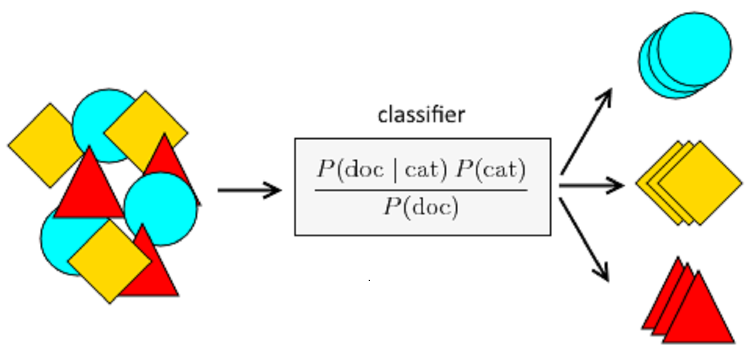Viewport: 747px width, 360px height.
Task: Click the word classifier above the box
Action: click(421, 115)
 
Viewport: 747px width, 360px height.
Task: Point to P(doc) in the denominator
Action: click(421, 207)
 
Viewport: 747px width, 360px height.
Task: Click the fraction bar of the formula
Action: click(421, 189)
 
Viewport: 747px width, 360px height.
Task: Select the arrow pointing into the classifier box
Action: click(249, 190)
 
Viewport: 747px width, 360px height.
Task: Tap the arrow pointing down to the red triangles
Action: click(585, 240)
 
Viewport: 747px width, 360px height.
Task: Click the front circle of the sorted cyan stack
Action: click(695, 49)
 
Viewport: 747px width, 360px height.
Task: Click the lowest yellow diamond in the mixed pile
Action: click(109, 262)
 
